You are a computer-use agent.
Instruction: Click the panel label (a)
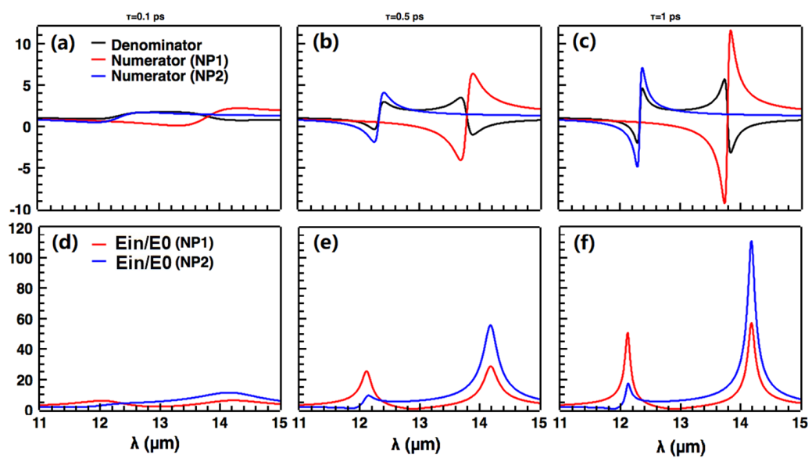point(63,43)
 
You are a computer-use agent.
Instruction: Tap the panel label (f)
point(582,242)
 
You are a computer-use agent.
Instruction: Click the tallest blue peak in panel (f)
point(751,242)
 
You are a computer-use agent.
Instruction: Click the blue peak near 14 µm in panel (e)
point(491,325)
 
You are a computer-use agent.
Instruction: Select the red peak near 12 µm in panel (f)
point(628,334)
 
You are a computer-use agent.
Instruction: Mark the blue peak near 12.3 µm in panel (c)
point(642,68)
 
